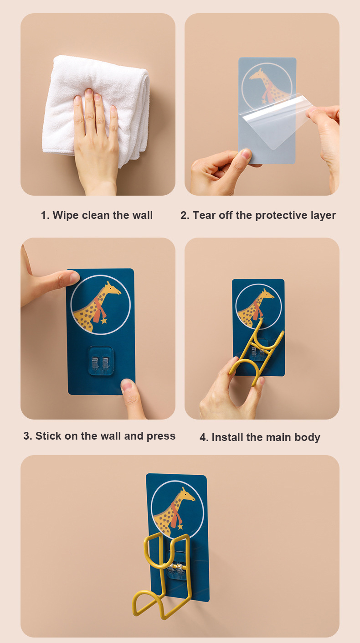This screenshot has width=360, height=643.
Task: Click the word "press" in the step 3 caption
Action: (161, 436)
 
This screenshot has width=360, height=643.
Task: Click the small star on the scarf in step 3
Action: (103, 320)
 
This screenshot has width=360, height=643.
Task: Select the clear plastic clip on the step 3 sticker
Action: (100, 361)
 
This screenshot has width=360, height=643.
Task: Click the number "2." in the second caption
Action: (185, 216)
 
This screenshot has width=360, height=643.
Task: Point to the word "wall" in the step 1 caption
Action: (143, 215)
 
